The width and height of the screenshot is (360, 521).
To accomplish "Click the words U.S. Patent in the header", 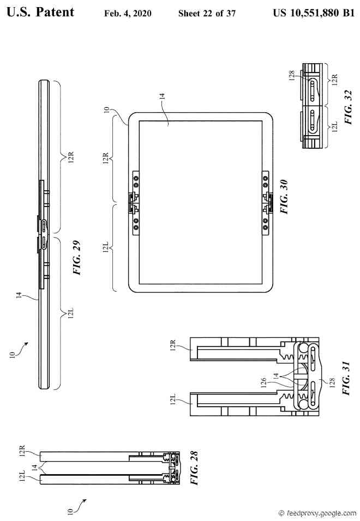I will [x=40, y=13].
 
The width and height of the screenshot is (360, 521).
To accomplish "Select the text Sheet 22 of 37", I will [x=207, y=13].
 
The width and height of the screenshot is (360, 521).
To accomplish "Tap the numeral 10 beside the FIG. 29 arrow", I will [x=11, y=354].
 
